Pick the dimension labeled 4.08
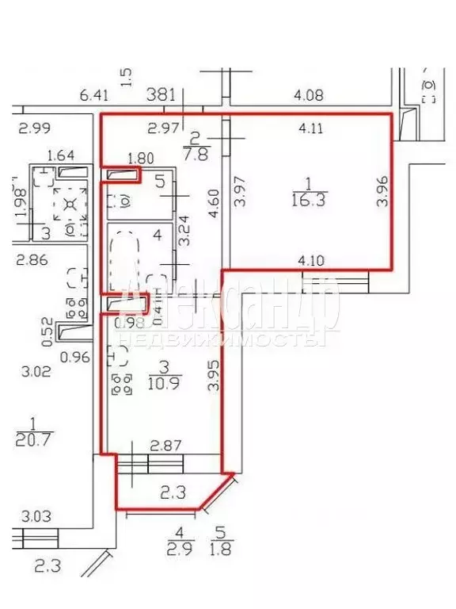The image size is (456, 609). (x=308, y=96)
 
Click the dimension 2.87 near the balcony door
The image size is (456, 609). (x=166, y=446)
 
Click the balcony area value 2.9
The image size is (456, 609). (x=181, y=549)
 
